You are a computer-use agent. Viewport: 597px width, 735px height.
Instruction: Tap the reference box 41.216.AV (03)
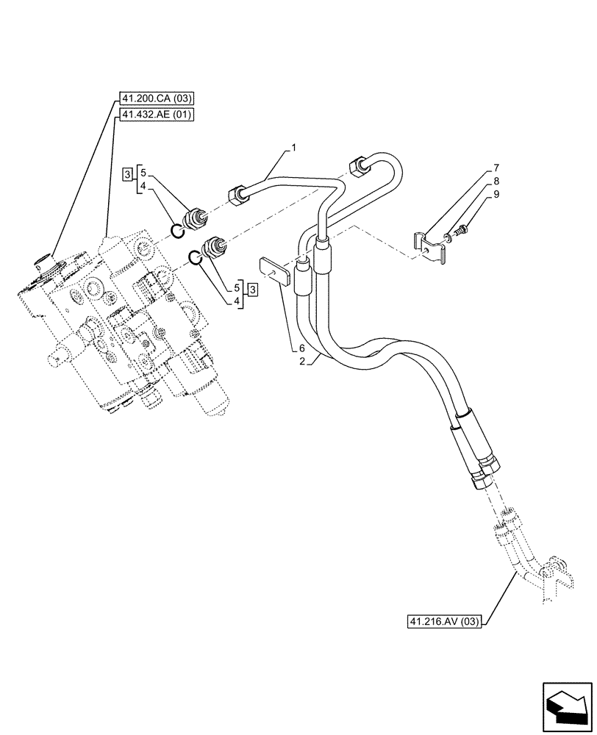444,622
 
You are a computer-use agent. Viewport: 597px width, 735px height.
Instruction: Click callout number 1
293,148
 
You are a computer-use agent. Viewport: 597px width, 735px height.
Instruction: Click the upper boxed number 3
127,173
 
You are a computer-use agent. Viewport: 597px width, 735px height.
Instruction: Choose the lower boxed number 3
252,288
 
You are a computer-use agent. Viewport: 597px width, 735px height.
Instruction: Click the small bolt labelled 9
457,232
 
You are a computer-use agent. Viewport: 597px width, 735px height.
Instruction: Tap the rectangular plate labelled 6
273,272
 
